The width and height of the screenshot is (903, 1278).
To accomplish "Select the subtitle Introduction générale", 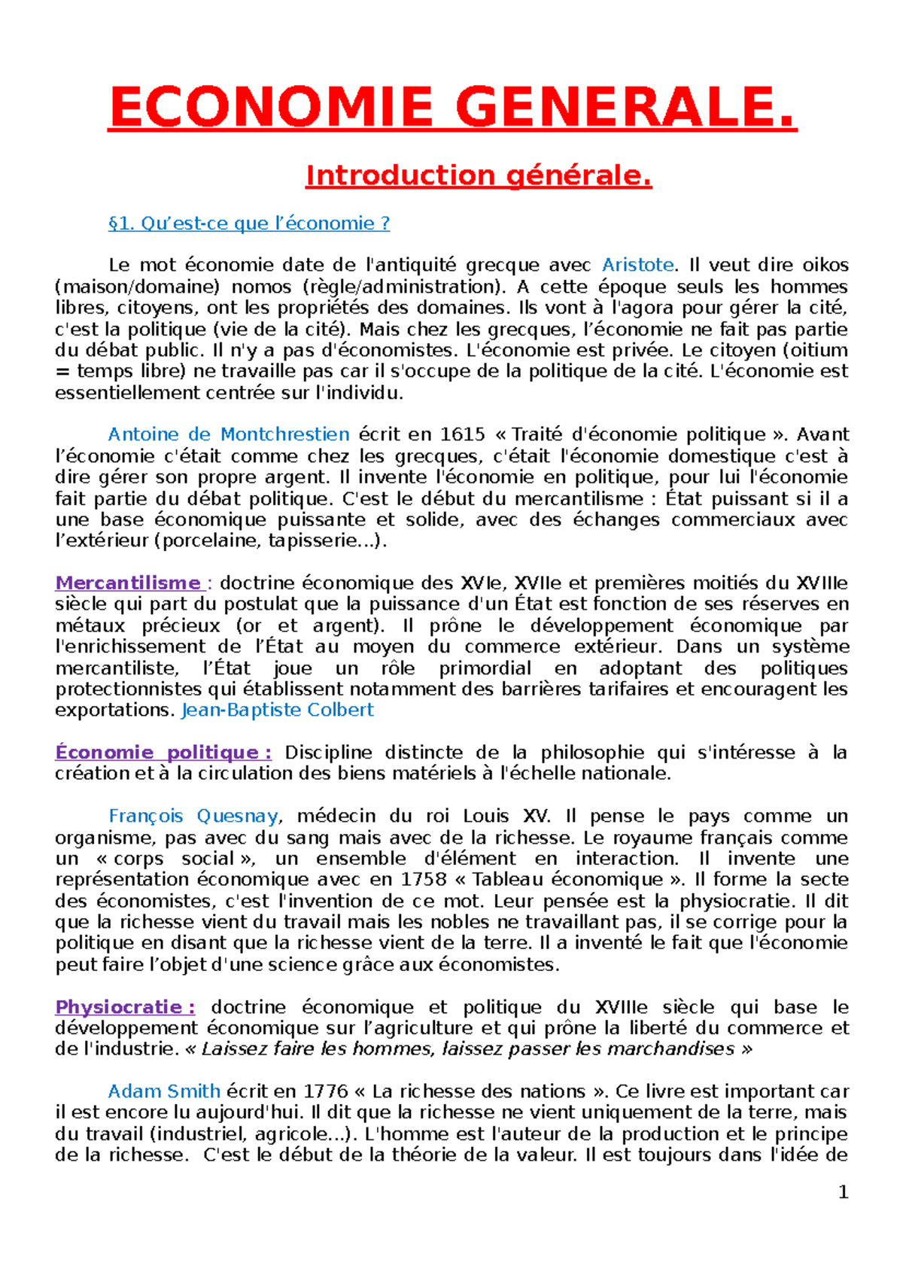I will point(479,175).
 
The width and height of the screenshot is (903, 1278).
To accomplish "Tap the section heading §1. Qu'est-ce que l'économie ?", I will point(249,224).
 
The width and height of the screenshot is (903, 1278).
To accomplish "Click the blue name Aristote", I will point(637,265).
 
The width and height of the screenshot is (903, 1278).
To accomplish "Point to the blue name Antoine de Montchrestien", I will point(229,434).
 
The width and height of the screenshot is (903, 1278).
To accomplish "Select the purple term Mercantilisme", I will point(128,583).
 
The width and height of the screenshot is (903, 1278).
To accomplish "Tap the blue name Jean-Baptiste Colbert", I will point(278,711).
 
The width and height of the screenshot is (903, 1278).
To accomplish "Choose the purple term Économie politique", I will point(163,753).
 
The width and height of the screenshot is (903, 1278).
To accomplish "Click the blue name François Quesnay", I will point(193,817).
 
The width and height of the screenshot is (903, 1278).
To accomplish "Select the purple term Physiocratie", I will point(125,1007).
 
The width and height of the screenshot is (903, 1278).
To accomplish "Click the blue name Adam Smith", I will point(164,1092).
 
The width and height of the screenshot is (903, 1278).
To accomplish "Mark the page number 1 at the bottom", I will point(843,1192).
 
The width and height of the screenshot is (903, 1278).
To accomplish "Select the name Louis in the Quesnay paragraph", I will point(486,817).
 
